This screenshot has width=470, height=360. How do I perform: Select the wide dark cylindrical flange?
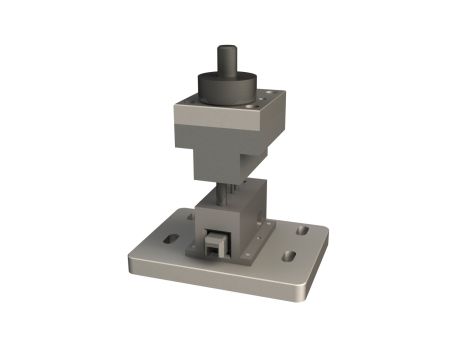tap(225, 87)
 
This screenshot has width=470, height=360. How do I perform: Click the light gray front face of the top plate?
tap(209, 125)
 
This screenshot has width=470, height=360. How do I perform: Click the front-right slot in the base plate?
tap(289, 256)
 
